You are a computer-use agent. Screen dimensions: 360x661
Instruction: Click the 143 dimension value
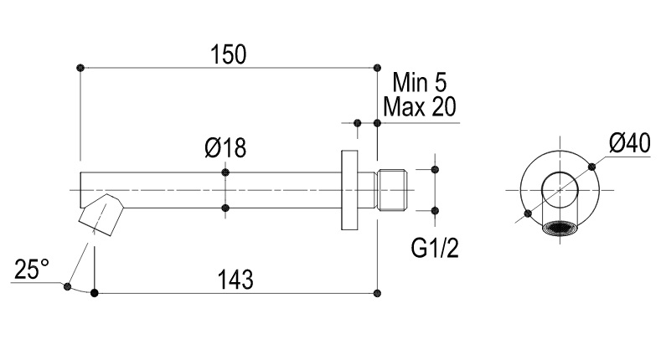click(237, 280)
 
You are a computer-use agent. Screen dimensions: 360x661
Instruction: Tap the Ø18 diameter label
click(225, 149)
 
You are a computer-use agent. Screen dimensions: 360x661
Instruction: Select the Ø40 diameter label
click(629, 143)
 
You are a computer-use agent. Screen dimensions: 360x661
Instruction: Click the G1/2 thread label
click(432, 249)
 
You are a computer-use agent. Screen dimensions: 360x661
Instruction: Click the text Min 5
click(420, 84)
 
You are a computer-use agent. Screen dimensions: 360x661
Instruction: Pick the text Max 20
click(419, 106)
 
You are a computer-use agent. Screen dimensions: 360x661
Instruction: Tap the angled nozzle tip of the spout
click(100, 215)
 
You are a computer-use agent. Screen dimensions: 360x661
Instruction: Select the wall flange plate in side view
click(349, 191)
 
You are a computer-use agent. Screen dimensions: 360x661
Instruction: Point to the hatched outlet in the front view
click(559, 229)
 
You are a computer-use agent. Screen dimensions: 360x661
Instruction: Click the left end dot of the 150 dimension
click(80, 66)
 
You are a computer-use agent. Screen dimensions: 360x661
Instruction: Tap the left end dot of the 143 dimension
click(94, 292)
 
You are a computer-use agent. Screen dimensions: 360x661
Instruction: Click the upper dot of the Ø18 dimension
click(225, 172)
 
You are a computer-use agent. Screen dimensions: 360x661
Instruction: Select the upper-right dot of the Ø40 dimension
click(592, 165)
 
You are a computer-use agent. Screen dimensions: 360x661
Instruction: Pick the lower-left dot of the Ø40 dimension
click(528, 213)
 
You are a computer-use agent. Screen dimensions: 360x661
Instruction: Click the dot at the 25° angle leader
click(66, 286)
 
